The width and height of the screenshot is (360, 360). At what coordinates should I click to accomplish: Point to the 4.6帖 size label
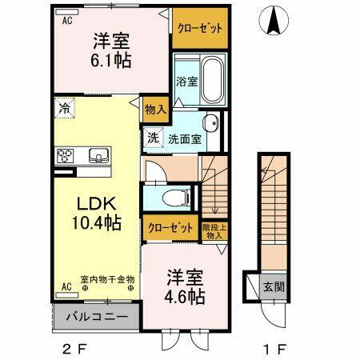pyautogui.click(x=185, y=297)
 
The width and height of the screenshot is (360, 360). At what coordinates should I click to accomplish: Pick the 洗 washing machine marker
pyautogui.click(x=154, y=138)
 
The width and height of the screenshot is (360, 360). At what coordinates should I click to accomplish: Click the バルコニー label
pyautogui.click(x=95, y=317)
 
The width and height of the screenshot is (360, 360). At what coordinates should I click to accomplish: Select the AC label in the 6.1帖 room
pyautogui.click(x=68, y=22)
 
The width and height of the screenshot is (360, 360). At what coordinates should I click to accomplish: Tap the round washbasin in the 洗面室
pyautogui.click(x=210, y=122)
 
